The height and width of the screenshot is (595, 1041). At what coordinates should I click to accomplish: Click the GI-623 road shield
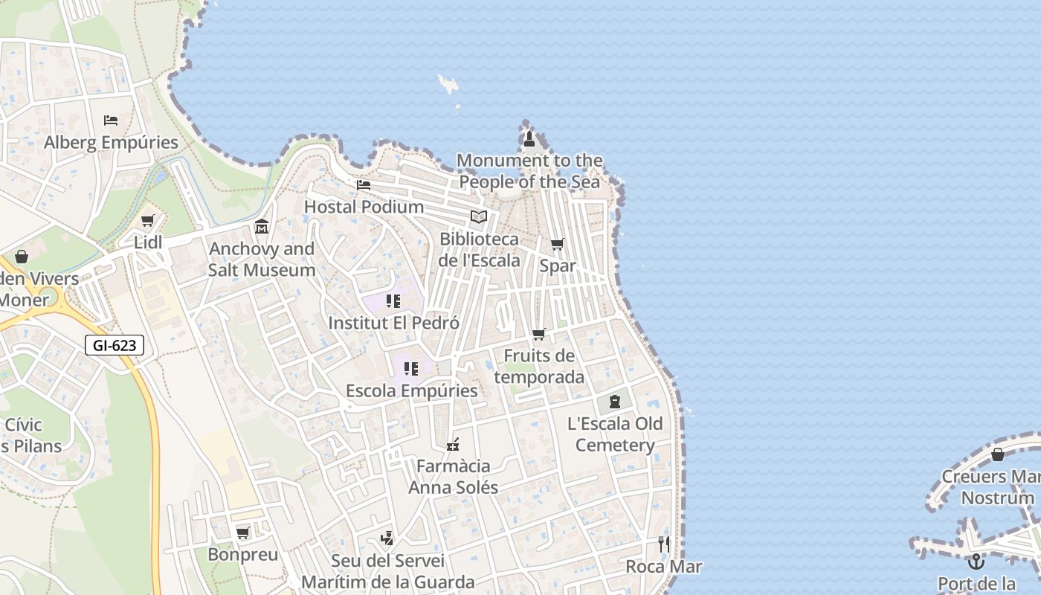click(114, 345)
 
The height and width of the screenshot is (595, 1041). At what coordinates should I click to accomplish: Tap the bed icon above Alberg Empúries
click(111, 120)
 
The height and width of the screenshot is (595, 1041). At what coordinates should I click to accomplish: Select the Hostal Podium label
click(364, 207)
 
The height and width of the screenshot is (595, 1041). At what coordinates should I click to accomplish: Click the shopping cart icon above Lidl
click(147, 220)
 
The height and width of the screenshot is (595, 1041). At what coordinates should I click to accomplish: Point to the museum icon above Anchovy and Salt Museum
click(262, 226)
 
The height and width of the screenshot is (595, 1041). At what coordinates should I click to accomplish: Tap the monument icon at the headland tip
click(529, 138)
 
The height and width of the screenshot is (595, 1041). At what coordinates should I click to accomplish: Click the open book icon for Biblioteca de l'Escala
click(479, 216)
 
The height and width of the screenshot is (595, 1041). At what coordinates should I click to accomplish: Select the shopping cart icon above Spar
click(557, 244)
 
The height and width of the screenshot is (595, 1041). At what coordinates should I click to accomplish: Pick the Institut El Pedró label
click(393, 324)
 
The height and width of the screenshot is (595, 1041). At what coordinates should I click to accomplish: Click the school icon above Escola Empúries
click(411, 368)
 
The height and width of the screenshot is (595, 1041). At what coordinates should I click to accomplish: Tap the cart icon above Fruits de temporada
click(538, 335)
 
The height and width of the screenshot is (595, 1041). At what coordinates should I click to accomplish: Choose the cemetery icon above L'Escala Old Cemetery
click(614, 402)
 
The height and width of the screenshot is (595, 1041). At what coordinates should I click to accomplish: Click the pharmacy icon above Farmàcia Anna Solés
click(452, 445)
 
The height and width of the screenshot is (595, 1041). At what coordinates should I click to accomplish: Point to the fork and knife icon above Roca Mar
click(663, 544)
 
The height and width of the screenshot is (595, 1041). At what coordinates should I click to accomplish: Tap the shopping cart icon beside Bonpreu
click(242, 533)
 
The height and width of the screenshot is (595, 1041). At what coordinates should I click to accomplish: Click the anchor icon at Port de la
click(976, 561)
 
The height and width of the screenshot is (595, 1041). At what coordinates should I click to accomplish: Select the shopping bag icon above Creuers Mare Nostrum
click(998, 454)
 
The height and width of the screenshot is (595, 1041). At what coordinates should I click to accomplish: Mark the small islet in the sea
click(448, 83)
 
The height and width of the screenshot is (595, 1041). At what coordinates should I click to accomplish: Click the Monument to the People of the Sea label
click(529, 171)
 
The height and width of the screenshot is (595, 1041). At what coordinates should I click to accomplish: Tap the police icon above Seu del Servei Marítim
click(387, 538)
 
